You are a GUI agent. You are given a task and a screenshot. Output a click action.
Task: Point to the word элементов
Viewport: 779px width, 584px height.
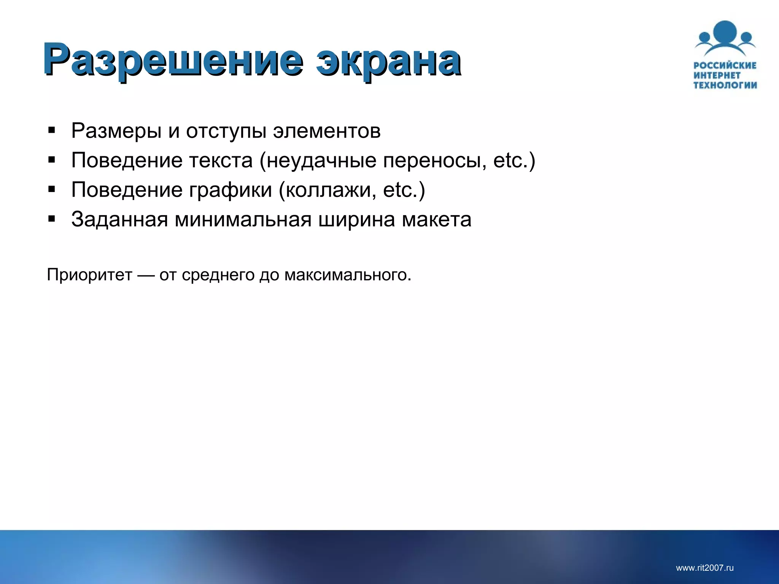(x=326, y=131)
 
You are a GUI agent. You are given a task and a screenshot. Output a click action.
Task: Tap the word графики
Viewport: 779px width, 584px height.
(x=231, y=190)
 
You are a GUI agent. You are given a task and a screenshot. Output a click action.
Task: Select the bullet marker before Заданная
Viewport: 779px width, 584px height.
(x=52, y=219)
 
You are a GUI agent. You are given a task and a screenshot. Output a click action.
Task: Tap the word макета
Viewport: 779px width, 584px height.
(x=436, y=219)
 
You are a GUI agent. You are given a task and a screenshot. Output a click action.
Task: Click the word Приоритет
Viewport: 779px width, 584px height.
(x=89, y=275)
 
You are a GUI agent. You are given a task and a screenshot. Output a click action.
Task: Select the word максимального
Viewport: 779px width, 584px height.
(x=348, y=275)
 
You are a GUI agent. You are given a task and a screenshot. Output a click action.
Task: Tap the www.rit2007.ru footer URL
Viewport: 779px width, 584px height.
(x=704, y=568)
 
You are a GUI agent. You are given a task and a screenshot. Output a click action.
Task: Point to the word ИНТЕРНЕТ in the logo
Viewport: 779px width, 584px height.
(x=717, y=75)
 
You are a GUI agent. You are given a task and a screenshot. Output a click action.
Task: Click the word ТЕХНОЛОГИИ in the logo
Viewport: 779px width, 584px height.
(x=725, y=85)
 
